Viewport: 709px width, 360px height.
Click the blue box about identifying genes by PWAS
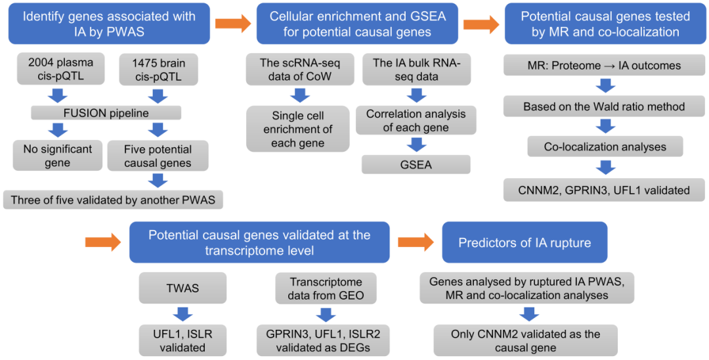(x=110, y=24)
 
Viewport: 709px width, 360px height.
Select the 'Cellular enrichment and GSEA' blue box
(x=352, y=24)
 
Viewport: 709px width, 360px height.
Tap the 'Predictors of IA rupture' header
(x=525, y=242)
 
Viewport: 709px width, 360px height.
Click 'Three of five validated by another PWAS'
(x=113, y=200)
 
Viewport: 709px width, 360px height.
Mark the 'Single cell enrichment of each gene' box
(x=297, y=129)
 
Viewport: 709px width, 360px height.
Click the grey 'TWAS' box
(x=183, y=288)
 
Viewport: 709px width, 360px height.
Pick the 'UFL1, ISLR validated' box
(x=183, y=340)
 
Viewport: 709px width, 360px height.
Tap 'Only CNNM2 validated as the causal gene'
(x=525, y=341)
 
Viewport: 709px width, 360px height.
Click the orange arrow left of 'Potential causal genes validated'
(x=103, y=242)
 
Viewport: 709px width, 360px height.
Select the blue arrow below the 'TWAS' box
(x=183, y=313)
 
